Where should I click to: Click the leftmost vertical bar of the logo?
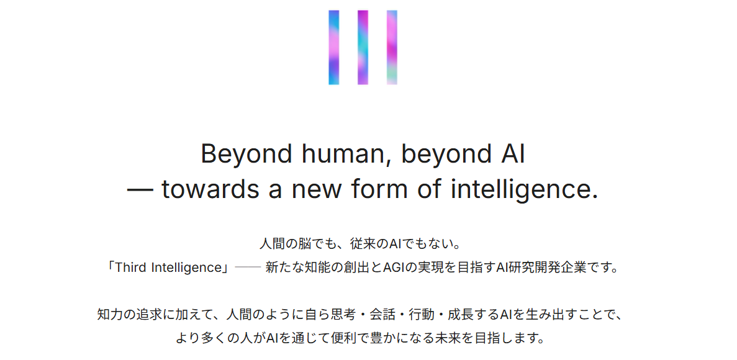point(333,47)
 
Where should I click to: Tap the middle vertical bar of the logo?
point(363,47)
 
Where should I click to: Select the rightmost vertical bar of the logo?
point(392,47)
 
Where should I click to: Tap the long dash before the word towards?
point(140,191)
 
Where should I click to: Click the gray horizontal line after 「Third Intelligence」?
point(248,268)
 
